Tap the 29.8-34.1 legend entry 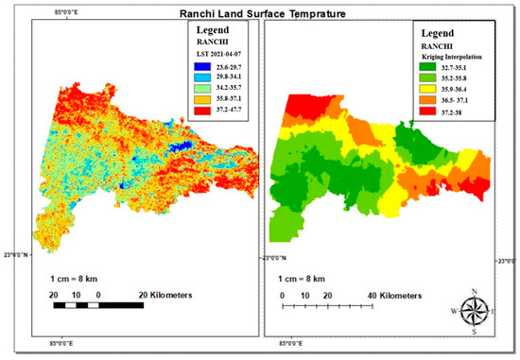pos(220,81)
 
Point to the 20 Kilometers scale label pos(163,296)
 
